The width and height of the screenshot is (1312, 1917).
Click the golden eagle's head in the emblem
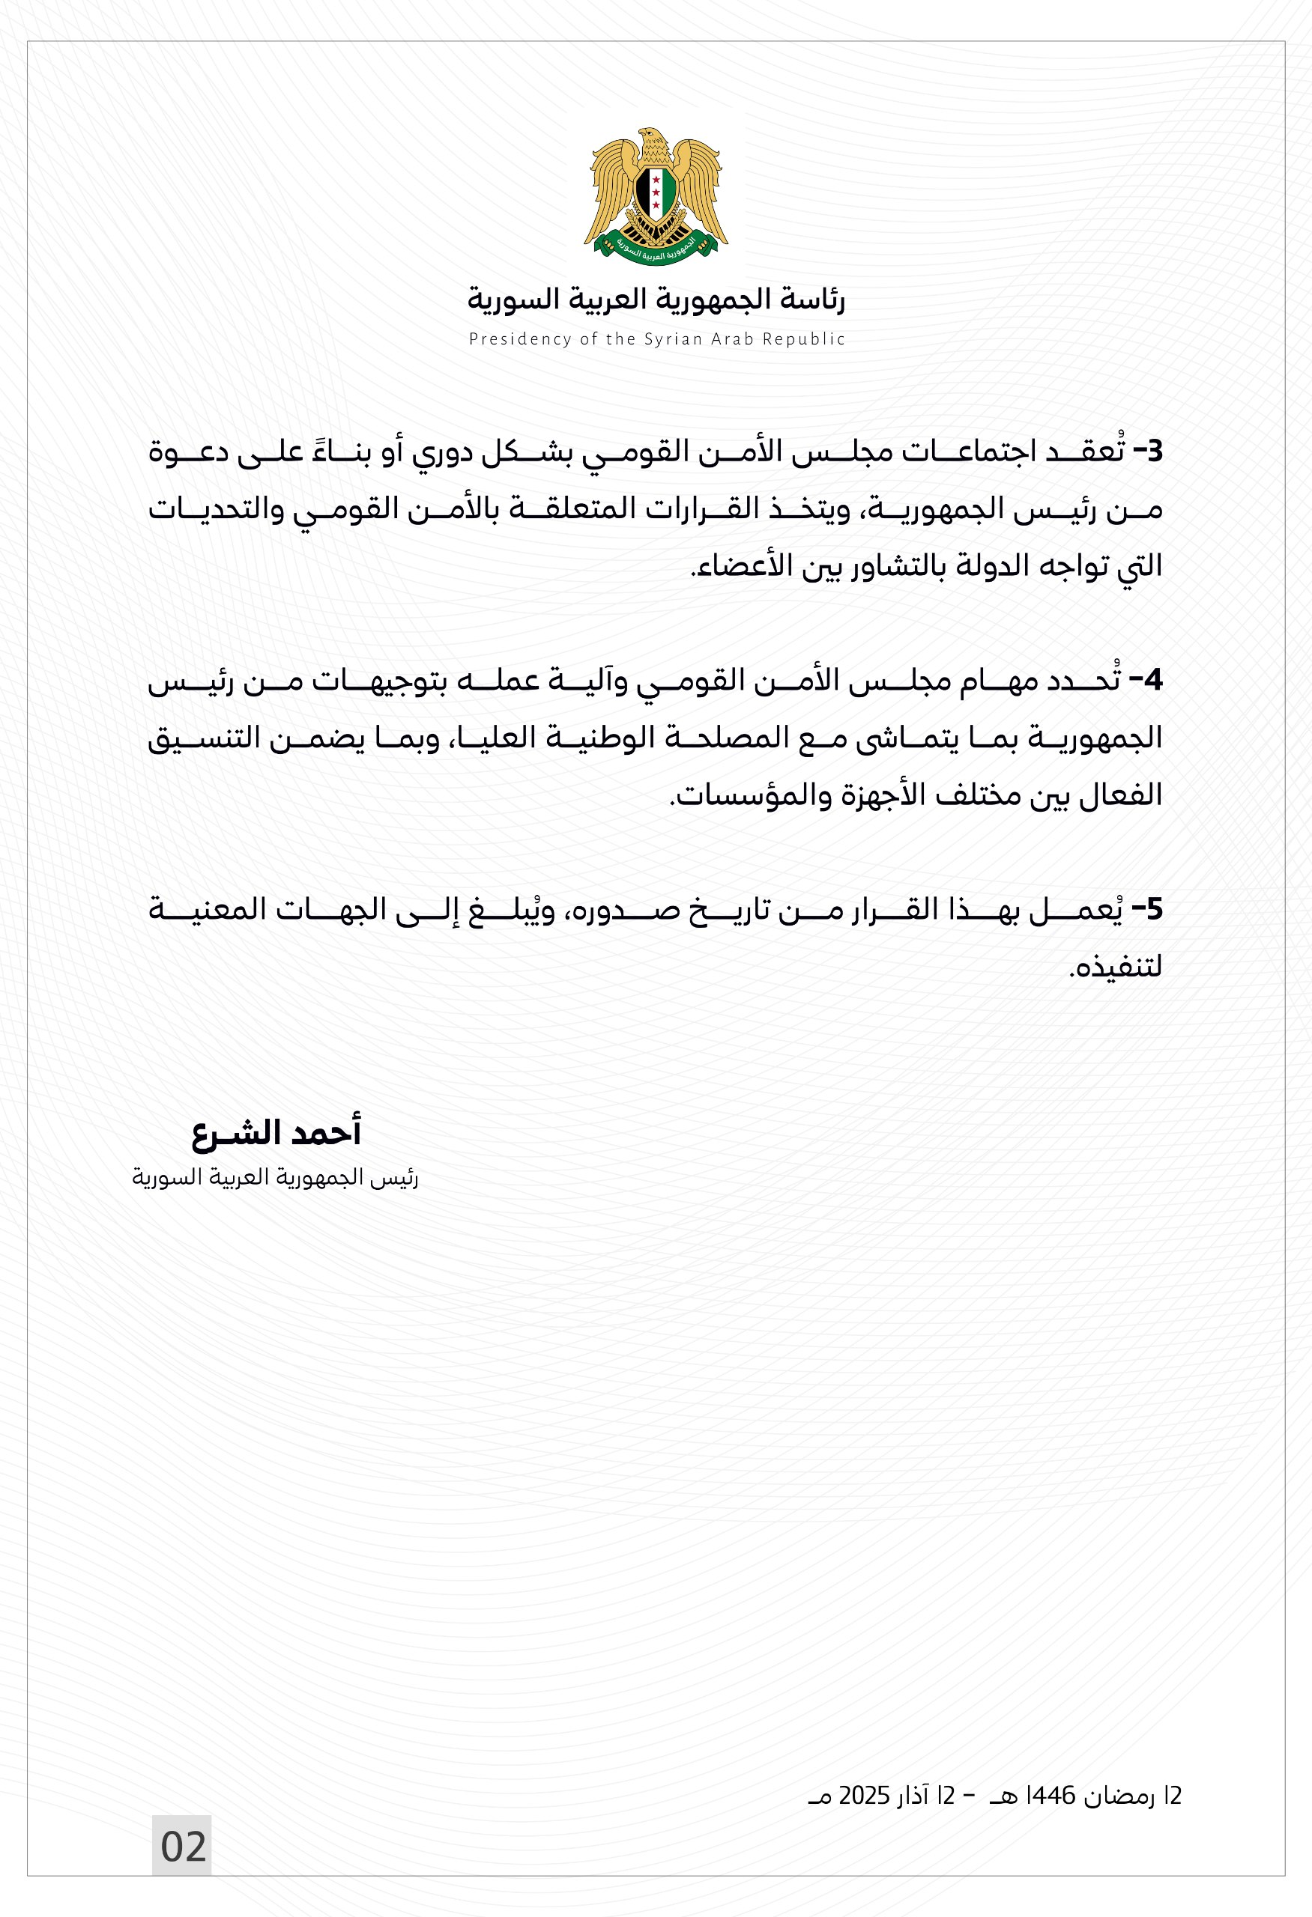651,139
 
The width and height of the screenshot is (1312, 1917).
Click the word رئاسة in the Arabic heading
817,300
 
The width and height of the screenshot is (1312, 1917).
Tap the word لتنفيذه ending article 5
1116,967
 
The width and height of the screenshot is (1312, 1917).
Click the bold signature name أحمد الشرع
276,1132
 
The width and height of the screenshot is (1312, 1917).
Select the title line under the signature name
276,1178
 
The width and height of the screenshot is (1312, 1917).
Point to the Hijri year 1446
1048,1796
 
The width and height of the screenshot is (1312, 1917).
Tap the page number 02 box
182,1846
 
